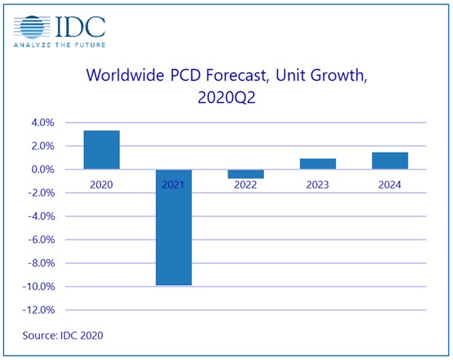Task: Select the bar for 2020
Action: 102,150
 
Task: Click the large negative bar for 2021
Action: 173,227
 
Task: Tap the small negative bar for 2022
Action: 245,174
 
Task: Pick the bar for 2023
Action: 318,164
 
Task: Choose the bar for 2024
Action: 390,161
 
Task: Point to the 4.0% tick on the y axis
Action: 43,123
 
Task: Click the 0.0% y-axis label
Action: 43,170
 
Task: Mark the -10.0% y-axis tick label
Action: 39,287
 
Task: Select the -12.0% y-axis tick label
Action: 39,310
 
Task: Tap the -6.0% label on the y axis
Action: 42,240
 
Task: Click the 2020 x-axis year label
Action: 102,184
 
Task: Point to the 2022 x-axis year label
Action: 245,184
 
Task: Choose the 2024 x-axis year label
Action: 390,184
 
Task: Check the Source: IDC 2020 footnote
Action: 63,336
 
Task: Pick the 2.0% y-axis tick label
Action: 43,146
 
